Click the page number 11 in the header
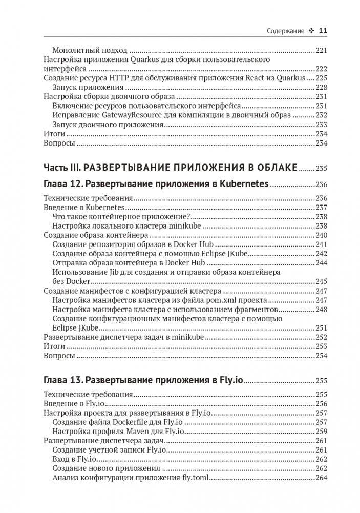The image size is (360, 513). point(323,31)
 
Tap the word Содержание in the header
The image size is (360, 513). point(285,31)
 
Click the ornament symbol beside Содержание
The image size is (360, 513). point(311,31)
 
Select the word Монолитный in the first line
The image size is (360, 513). point(73,51)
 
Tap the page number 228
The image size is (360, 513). point(321,88)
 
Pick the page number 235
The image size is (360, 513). point(321,168)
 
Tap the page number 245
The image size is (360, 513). point(321,281)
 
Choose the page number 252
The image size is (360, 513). point(321,337)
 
